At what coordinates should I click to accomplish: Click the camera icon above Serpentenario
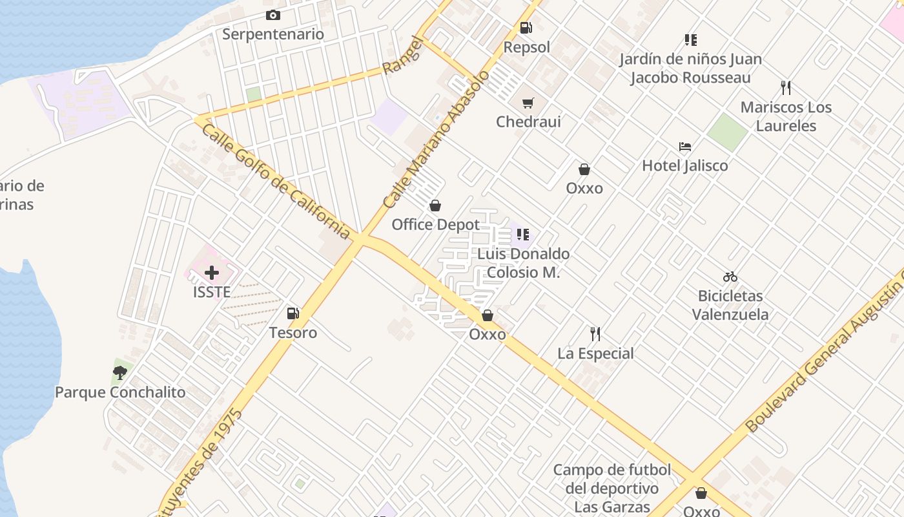coord(273,16)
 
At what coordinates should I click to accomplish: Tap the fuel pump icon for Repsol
coord(526,28)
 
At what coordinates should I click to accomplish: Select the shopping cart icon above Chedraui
coord(528,103)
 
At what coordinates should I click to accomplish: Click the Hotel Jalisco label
coord(684,166)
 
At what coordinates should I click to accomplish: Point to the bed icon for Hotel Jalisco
coord(685,147)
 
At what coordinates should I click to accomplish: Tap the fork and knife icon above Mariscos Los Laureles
coord(786,88)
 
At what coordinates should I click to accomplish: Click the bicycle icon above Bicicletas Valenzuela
coord(730,277)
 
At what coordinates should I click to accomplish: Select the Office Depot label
coord(436,225)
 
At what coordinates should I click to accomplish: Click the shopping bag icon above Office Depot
coord(435,206)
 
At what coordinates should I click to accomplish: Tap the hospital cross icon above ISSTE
coord(212,273)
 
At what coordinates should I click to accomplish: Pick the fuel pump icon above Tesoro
coord(293,313)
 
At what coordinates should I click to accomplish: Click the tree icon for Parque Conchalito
coord(119,372)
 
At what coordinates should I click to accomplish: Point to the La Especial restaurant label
coord(595,353)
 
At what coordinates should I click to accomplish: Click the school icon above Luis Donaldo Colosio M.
coord(523,234)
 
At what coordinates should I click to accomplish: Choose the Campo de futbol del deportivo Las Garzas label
coord(611,488)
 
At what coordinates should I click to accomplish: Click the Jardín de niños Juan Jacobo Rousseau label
coord(690,69)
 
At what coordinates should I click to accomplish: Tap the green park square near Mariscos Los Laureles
coord(727,132)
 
